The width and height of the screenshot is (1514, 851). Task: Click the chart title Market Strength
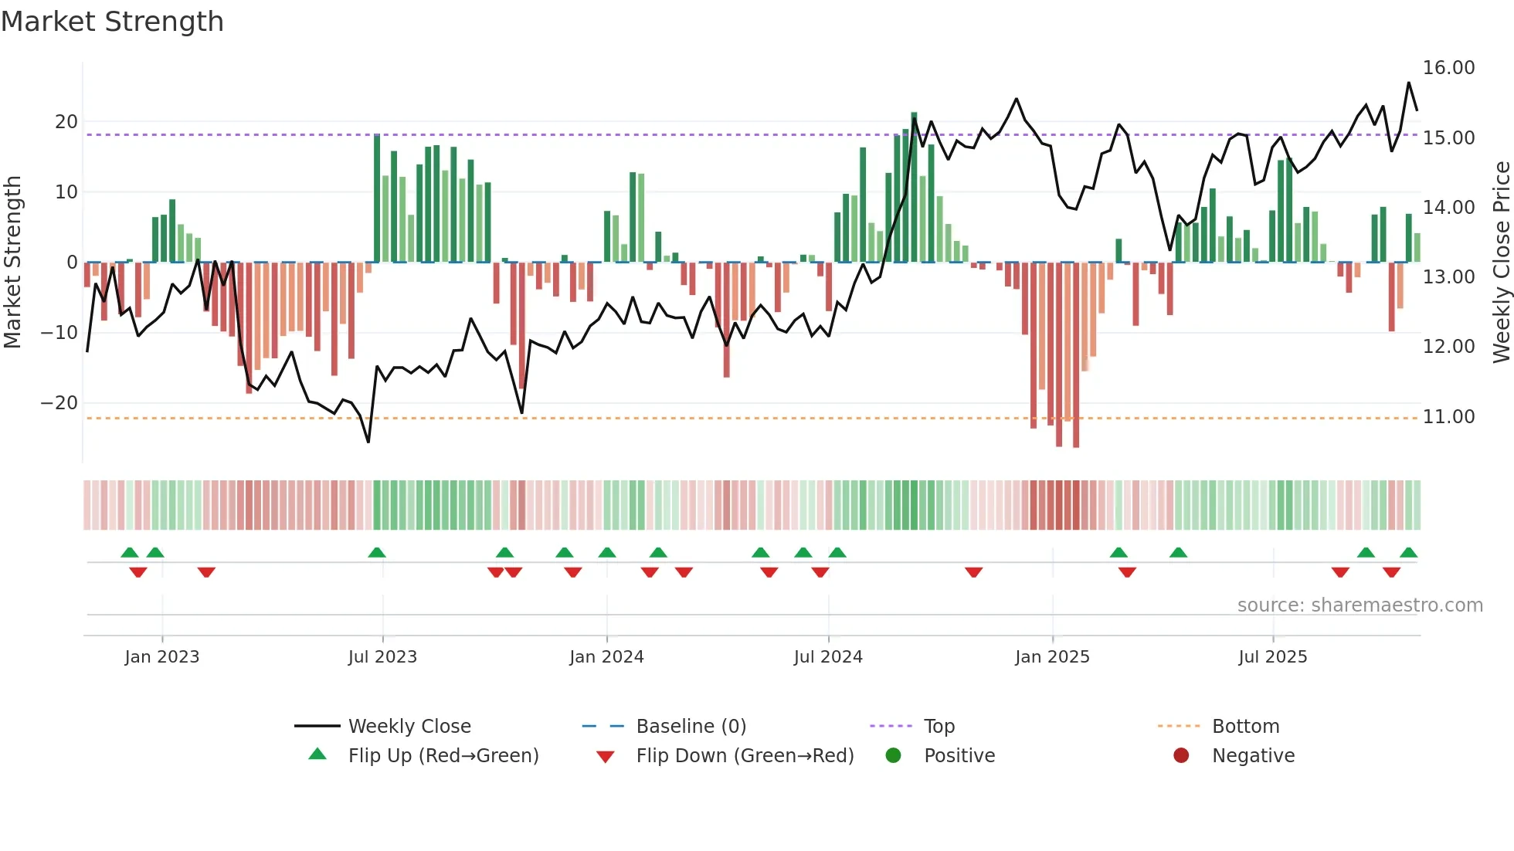coord(112,22)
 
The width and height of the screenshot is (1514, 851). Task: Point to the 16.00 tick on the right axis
coord(1448,68)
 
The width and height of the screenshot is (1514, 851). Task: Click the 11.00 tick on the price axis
coord(1448,417)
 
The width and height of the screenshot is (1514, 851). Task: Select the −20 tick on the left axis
coord(59,403)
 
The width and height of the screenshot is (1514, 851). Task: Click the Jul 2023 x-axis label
coord(382,657)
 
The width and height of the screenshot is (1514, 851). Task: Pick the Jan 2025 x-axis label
coord(1052,657)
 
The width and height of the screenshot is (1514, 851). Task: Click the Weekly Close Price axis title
coord(1501,263)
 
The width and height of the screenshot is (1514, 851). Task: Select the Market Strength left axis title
coord(13,263)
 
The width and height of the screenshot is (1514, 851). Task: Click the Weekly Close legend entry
coord(409,727)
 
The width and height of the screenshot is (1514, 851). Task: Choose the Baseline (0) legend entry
coord(691,727)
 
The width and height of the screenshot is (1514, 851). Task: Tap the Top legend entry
coord(939,727)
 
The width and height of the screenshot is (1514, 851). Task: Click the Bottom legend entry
coord(1245,727)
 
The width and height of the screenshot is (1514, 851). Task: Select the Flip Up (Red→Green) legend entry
coord(443,756)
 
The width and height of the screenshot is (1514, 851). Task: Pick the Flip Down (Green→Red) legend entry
coord(745,756)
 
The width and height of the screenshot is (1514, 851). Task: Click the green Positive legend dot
coord(893,756)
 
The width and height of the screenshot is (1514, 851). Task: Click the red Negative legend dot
coord(1181,756)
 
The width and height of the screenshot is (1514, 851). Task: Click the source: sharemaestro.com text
coord(1360,605)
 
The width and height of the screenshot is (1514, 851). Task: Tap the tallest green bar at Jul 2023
coord(377,198)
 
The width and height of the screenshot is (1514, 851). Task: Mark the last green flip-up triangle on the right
coord(1408,553)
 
